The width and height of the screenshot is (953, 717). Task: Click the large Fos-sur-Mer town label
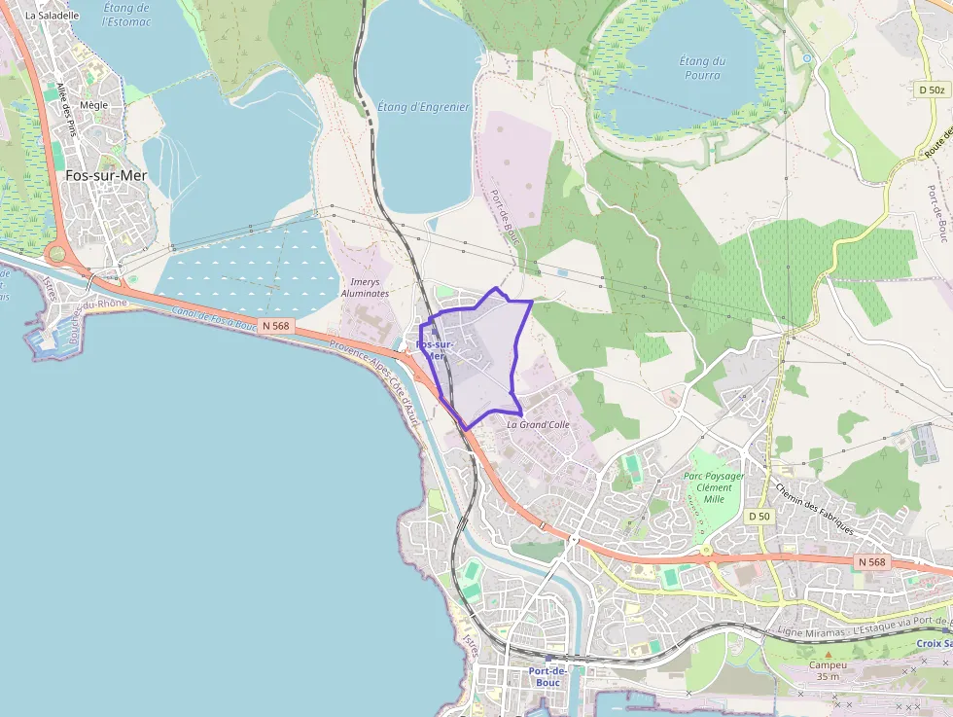(x=106, y=176)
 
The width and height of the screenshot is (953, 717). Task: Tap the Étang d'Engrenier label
(x=422, y=107)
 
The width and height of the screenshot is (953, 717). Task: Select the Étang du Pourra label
(x=702, y=68)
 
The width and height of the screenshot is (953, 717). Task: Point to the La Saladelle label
(x=52, y=16)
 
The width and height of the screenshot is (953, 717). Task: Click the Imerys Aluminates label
(x=365, y=287)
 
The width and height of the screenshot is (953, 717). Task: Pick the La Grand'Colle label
(x=538, y=424)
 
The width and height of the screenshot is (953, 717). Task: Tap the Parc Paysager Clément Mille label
(x=714, y=487)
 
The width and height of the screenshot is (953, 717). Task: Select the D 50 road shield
(x=759, y=516)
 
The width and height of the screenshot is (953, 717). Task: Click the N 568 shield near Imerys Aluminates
(x=275, y=326)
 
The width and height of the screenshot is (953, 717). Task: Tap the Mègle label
(x=94, y=105)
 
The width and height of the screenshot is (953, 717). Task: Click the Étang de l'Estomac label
(x=126, y=15)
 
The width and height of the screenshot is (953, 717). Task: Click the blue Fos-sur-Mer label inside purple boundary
(x=434, y=350)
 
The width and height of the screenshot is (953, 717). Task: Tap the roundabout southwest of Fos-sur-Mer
(x=56, y=255)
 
